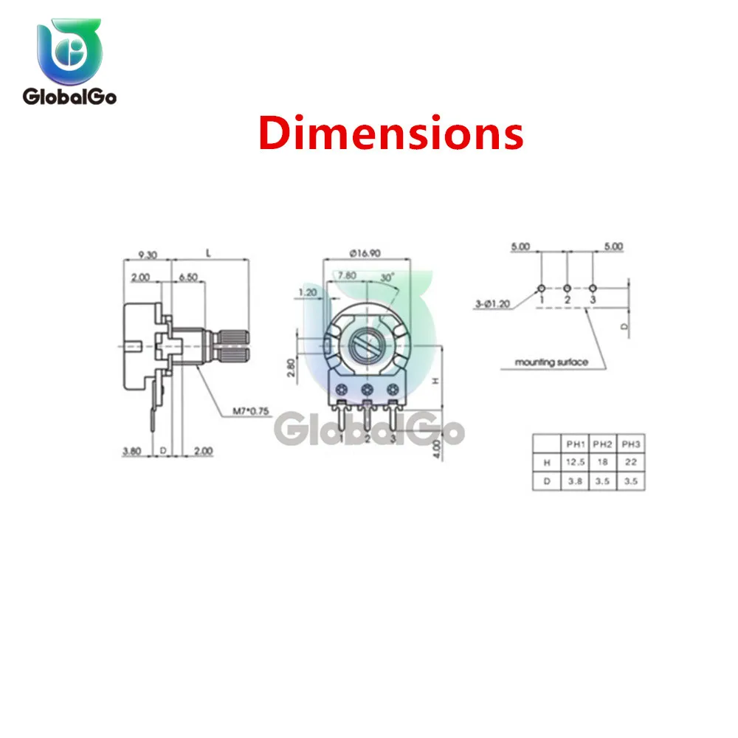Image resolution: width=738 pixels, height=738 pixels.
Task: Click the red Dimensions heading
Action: pos(392,134)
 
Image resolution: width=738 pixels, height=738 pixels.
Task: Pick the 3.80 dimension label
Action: pos(133,449)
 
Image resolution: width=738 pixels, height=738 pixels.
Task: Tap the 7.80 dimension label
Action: pos(348,275)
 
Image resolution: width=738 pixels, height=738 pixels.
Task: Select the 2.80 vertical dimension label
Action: pos(292,367)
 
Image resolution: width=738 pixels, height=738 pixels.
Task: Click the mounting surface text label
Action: pos(552,362)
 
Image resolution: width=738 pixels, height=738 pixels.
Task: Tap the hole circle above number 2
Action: pos(567,287)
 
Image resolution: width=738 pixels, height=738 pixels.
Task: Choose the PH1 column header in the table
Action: pos(575,444)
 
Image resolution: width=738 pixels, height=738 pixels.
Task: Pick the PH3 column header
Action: pos(629,444)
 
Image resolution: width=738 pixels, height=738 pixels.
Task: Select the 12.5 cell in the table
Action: pos(575,463)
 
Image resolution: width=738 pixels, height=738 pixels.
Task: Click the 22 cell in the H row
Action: pos(629,463)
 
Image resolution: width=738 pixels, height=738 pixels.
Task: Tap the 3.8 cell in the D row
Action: pos(575,481)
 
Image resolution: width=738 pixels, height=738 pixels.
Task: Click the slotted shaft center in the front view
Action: pos(367,343)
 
